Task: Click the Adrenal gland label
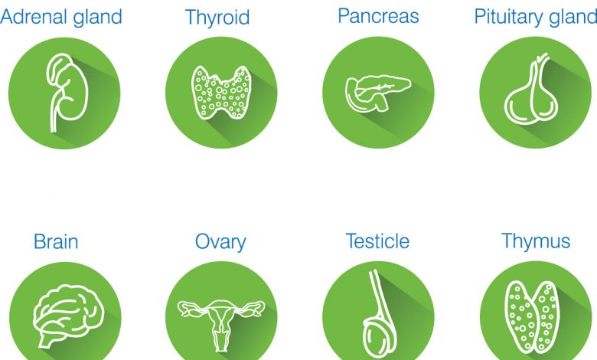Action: tap(61, 18)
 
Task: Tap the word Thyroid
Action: tap(217, 18)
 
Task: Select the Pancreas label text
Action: tap(378, 16)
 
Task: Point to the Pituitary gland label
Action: tap(536, 18)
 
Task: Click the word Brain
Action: tap(56, 241)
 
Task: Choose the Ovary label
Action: tap(220, 242)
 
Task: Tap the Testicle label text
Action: tap(377, 241)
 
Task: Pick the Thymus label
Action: tap(536, 241)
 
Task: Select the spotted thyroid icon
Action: tap(221, 92)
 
